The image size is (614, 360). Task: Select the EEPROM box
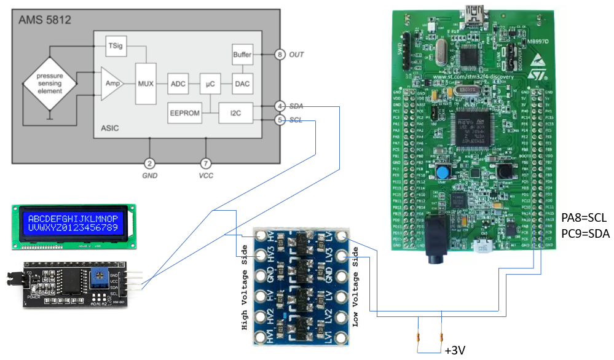(x=184, y=113)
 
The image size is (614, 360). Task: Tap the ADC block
(x=178, y=83)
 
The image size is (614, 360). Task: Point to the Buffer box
(x=242, y=55)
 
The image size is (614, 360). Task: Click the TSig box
(x=115, y=45)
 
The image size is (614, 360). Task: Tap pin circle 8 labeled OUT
(x=280, y=55)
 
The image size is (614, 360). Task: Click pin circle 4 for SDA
(x=280, y=106)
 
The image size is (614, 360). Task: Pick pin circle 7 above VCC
(x=206, y=163)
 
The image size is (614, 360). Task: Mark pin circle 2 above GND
(x=149, y=163)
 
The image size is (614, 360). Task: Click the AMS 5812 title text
(x=45, y=20)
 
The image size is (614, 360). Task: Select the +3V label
(x=454, y=350)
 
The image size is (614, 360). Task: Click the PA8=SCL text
(x=583, y=218)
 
